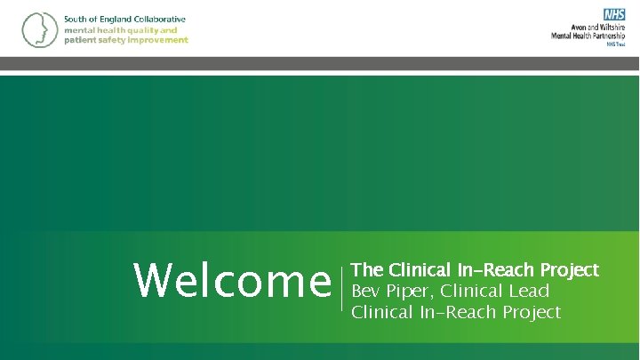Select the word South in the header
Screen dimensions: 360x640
(x=76, y=20)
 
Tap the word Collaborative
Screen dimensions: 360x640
(x=156, y=20)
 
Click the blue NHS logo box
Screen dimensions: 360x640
(x=614, y=14)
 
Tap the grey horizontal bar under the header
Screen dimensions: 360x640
(x=320, y=63)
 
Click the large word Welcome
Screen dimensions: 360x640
(x=232, y=282)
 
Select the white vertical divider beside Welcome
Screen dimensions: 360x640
(x=343, y=289)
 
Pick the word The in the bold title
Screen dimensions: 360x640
(x=368, y=269)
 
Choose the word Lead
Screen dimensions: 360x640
(x=529, y=291)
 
